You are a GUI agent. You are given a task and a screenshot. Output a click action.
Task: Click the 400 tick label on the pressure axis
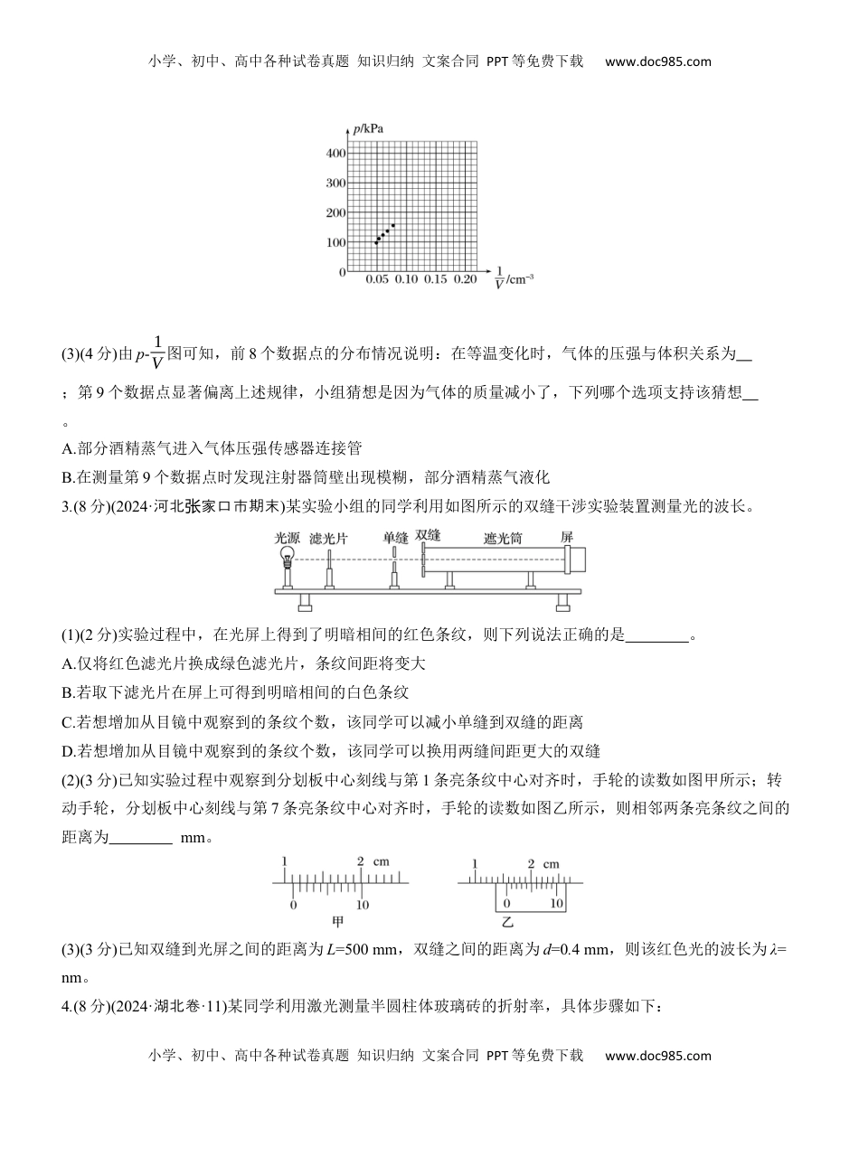point(335,154)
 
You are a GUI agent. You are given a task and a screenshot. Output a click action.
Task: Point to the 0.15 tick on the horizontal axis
point(435,280)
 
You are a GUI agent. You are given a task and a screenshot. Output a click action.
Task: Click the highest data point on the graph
point(392,225)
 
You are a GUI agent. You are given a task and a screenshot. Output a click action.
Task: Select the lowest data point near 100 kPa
point(376,242)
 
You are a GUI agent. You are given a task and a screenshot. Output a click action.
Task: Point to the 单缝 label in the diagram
point(395,537)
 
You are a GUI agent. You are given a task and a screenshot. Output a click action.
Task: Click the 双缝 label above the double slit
point(428,535)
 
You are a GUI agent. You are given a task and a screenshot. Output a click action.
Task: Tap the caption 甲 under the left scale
point(338,923)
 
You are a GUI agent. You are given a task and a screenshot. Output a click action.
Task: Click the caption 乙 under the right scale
point(507,923)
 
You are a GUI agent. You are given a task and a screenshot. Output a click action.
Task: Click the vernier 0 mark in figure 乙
point(506,903)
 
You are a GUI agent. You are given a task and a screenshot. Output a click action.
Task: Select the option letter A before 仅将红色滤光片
point(67,663)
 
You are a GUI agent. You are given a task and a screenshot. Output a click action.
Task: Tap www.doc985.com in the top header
point(657,61)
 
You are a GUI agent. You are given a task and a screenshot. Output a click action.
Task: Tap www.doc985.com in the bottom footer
point(657,1055)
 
